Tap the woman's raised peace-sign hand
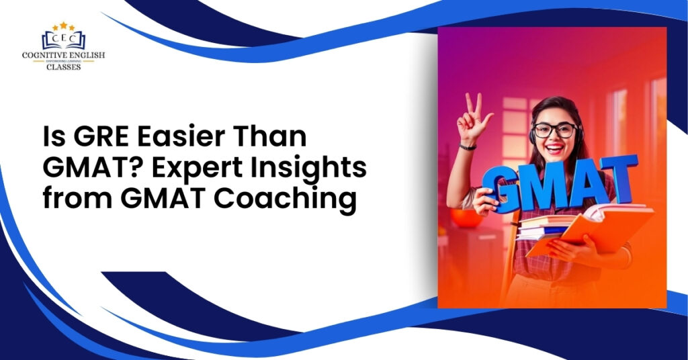(474, 118)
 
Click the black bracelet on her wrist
(468, 146)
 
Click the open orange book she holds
(591, 228)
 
